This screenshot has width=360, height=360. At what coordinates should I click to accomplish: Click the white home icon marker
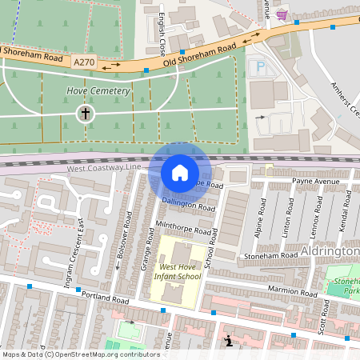coord(180,173)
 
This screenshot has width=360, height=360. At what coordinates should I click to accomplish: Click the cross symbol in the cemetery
coord(85,114)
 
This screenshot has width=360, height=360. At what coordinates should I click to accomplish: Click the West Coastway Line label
coord(104,169)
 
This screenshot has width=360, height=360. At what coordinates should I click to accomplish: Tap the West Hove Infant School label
coord(179,272)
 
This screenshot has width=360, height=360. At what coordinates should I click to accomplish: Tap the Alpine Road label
coord(260,214)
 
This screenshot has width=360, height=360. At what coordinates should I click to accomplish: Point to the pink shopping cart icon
coord(282,14)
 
